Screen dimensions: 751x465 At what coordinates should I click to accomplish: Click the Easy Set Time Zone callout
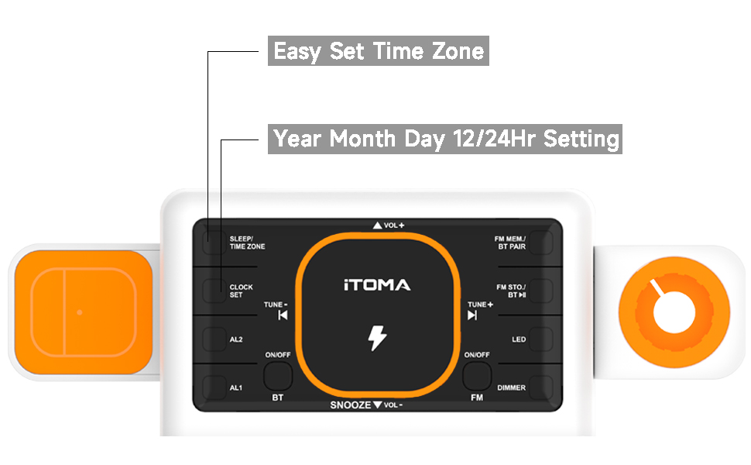(x=379, y=51)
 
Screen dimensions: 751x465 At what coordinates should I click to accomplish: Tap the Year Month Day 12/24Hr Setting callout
(x=445, y=139)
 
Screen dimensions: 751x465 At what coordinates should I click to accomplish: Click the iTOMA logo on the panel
(x=377, y=284)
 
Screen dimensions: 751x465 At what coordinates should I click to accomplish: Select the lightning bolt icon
(x=377, y=338)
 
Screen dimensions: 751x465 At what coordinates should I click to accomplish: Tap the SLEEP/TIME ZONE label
(x=247, y=243)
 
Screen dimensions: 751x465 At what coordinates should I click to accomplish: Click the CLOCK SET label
(x=241, y=291)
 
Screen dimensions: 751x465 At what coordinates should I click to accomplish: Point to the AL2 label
(x=236, y=339)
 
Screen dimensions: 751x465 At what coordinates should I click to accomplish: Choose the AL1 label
(x=236, y=387)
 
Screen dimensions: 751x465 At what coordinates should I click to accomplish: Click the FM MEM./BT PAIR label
(x=510, y=243)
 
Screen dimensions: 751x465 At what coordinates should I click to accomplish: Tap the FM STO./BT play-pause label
(x=511, y=291)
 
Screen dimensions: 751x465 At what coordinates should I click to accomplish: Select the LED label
(x=519, y=339)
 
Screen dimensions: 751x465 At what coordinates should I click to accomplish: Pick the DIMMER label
(x=512, y=387)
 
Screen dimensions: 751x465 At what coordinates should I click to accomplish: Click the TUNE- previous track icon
(x=283, y=315)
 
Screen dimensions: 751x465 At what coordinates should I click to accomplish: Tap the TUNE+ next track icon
(x=472, y=315)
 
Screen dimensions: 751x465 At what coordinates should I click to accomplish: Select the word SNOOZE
(x=351, y=405)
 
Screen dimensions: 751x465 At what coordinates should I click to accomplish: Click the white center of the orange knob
(x=674, y=312)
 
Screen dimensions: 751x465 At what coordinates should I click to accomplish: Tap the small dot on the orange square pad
(x=80, y=312)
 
